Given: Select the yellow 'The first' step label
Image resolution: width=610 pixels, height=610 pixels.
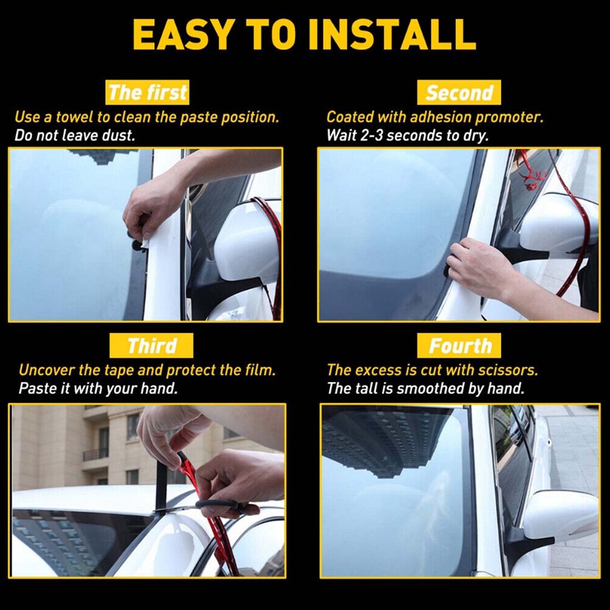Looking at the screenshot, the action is click(147, 93).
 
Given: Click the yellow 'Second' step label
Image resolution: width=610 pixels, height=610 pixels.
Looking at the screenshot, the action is click(459, 93).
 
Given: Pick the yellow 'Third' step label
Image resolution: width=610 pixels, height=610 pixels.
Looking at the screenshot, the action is click(151, 345).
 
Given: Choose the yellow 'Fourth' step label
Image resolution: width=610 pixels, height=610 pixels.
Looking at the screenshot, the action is click(459, 345).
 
